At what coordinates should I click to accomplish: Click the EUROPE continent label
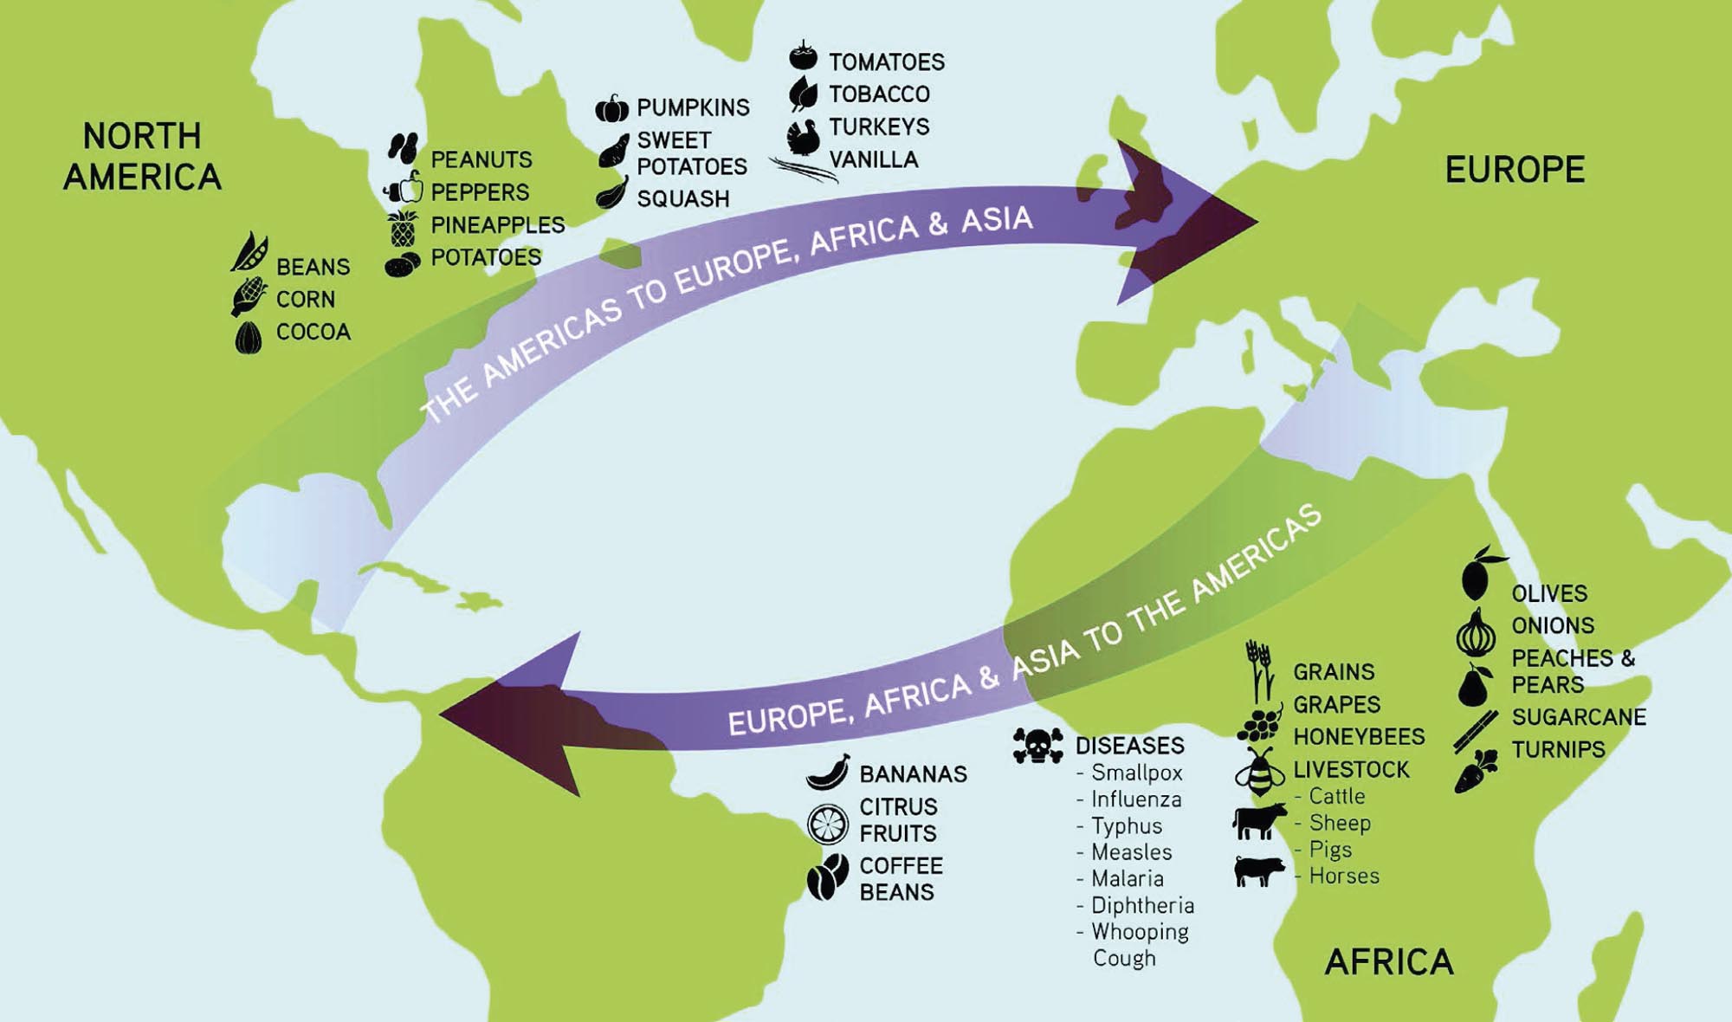tap(1515, 170)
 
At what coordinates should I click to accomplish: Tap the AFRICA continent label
tap(1388, 962)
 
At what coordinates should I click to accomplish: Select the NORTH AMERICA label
tap(142, 157)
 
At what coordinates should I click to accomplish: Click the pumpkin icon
tap(611, 109)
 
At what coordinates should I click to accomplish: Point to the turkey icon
tap(803, 137)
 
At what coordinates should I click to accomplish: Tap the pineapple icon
tap(403, 228)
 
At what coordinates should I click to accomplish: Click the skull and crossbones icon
tap(1037, 746)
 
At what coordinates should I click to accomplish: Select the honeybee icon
tap(1259, 772)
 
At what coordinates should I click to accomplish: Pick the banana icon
tap(827, 773)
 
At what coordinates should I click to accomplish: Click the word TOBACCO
tap(878, 94)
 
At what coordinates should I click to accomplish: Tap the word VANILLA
tap(873, 159)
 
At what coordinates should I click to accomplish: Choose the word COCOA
tap(313, 332)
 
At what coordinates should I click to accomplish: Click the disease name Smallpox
tap(1136, 773)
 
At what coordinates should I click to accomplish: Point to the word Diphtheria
tap(1142, 905)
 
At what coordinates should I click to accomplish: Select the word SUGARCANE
tap(1578, 717)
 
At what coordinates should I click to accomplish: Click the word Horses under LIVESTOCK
tap(1343, 876)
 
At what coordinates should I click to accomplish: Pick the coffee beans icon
tap(827, 876)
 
